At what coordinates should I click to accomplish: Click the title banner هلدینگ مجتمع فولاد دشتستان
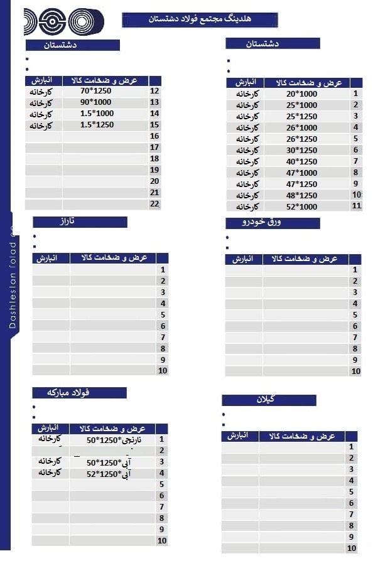pos(200,20)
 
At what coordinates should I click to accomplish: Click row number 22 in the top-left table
pos(154,204)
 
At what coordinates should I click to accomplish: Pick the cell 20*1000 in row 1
pos(302,93)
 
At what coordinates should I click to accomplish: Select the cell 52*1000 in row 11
pos(302,206)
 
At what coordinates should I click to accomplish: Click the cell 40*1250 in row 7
pos(302,161)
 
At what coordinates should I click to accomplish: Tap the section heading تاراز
pos(80,222)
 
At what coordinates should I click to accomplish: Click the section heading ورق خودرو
pos(273,223)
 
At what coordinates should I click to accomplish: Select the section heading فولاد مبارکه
pos(79,392)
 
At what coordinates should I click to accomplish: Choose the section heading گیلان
pos(269,400)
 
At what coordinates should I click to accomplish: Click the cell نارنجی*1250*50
pos(106,440)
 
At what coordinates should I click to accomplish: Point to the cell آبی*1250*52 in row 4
pos(106,474)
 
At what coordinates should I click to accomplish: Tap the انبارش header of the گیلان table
pos(240,435)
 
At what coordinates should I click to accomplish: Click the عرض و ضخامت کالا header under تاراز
pos(113,258)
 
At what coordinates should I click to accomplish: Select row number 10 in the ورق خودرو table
pos(355,371)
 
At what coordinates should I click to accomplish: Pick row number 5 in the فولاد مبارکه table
pos(161,484)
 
